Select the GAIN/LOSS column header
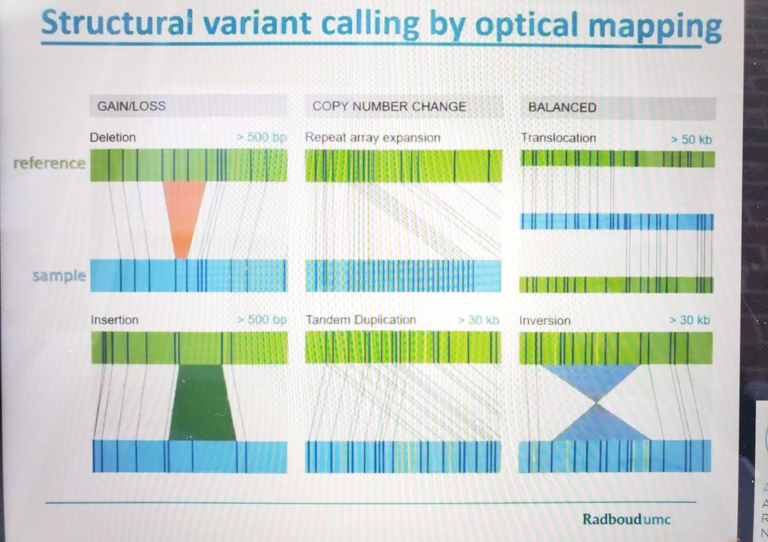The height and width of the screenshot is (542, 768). tap(131, 106)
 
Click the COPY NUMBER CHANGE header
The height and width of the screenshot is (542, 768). tap(389, 106)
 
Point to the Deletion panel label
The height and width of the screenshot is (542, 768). tap(113, 137)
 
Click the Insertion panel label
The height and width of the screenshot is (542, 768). tap(115, 319)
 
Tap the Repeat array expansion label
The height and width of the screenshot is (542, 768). tap(373, 137)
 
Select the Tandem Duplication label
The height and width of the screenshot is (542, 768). tap(361, 320)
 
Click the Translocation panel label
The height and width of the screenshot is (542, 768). tap(558, 138)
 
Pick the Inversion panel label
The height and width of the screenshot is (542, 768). tap(545, 320)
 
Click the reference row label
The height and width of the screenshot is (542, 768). tap(50, 163)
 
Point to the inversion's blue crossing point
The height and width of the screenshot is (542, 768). tap(596, 402)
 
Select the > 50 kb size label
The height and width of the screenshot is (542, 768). tap(691, 138)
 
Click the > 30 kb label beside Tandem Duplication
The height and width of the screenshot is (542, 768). tap(479, 320)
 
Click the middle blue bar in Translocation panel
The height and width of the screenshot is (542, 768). tap(617, 222)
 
